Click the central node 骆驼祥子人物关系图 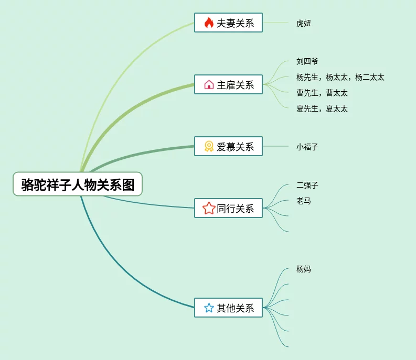point(78,184)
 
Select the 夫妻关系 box point(228,23)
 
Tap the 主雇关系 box point(228,84)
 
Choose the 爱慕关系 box point(228,147)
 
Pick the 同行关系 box point(228,209)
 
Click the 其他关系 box point(228,308)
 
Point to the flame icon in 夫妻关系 point(209,23)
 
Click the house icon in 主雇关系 point(209,84)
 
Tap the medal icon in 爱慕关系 point(209,147)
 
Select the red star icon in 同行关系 point(209,209)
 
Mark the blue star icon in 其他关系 point(209,308)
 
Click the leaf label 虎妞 point(304,23)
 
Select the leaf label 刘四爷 point(307,61)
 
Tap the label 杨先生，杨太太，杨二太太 point(340,77)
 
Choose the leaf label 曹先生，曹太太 point(322,93)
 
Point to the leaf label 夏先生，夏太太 point(322,108)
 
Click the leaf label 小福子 point(307,147)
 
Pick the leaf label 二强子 point(307,185)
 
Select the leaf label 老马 point(304,201)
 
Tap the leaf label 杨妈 point(304,269)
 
